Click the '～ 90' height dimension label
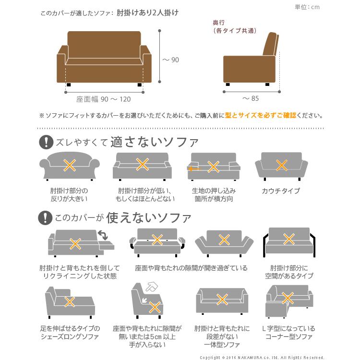[170, 60]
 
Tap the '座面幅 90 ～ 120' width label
[103, 99]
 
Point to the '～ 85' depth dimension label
[250, 99]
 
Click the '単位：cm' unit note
[308, 7]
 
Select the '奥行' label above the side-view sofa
[219, 23]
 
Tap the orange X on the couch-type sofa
[282, 165]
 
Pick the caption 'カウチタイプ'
[281, 191]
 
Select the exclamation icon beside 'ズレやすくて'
[46, 142]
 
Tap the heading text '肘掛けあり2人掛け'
[148, 13]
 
